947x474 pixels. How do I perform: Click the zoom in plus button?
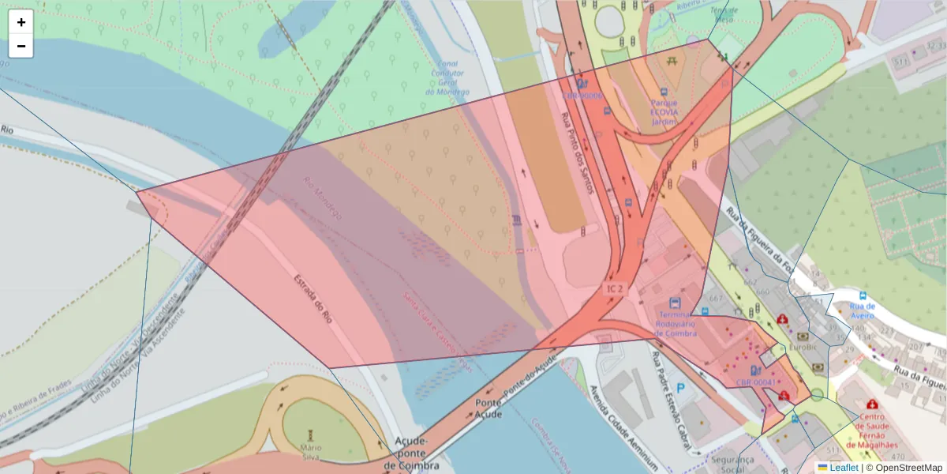[21, 22]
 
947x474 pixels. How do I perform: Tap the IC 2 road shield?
[614, 289]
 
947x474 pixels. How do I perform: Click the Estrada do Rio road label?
[313, 299]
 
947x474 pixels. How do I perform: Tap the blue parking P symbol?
[680, 389]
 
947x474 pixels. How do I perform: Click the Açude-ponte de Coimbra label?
[411, 453]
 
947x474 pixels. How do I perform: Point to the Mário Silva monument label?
[310, 452]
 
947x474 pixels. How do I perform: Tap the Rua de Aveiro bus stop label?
[863, 310]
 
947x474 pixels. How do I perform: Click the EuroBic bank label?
[802, 346]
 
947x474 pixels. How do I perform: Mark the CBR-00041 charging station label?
[755, 382]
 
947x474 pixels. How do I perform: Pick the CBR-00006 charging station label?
[582, 96]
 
